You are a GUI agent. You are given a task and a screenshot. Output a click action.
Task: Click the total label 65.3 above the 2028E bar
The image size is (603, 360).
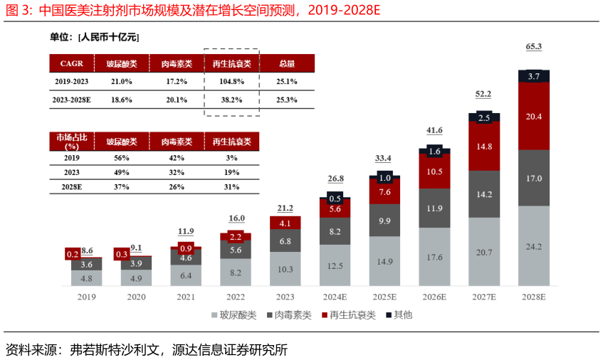pyautogui.click(x=533, y=47)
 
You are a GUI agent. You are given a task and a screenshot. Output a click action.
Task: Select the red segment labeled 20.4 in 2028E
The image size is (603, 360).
pyautogui.click(x=533, y=116)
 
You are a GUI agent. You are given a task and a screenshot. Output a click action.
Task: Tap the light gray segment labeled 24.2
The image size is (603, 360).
pyautogui.click(x=533, y=246)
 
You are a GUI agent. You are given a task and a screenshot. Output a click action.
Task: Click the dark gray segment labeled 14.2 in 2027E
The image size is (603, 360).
pyautogui.click(x=483, y=194)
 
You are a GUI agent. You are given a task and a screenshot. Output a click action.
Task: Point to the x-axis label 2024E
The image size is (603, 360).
pyautogui.click(x=335, y=297)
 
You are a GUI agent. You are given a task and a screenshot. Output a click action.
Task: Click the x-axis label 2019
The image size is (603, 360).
pyautogui.click(x=86, y=297)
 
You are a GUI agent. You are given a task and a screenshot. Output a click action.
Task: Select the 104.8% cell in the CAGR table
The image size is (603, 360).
pyautogui.click(x=231, y=82)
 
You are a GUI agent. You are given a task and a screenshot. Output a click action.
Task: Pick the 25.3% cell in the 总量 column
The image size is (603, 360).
pyautogui.click(x=286, y=100)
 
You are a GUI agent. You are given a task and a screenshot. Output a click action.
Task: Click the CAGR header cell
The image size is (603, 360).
pyautogui.click(x=72, y=63)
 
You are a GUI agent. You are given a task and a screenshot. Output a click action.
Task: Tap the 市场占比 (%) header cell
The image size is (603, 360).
pyautogui.click(x=72, y=141)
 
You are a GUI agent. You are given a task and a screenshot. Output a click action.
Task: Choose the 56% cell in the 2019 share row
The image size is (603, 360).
pyautogui.click(x=122, y=158)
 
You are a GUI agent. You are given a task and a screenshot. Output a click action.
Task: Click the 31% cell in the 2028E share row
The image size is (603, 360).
pyautogui.click(x=231, y=188)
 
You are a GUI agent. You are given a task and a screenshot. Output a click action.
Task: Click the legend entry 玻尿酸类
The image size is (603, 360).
pyautogui.click(x=231, y=314)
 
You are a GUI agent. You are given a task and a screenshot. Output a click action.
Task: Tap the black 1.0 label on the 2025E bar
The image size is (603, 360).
pyautogui.click(x=384, y=178)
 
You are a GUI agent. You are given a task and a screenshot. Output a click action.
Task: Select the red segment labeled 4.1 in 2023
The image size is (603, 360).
pyautogui.click(x=285, y=223)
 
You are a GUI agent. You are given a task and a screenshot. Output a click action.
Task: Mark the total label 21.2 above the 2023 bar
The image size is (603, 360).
pyautogui.click(x=285, y=208)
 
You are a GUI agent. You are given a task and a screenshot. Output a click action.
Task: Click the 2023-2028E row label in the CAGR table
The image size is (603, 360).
pyautogui.click(x=72, y=100)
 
